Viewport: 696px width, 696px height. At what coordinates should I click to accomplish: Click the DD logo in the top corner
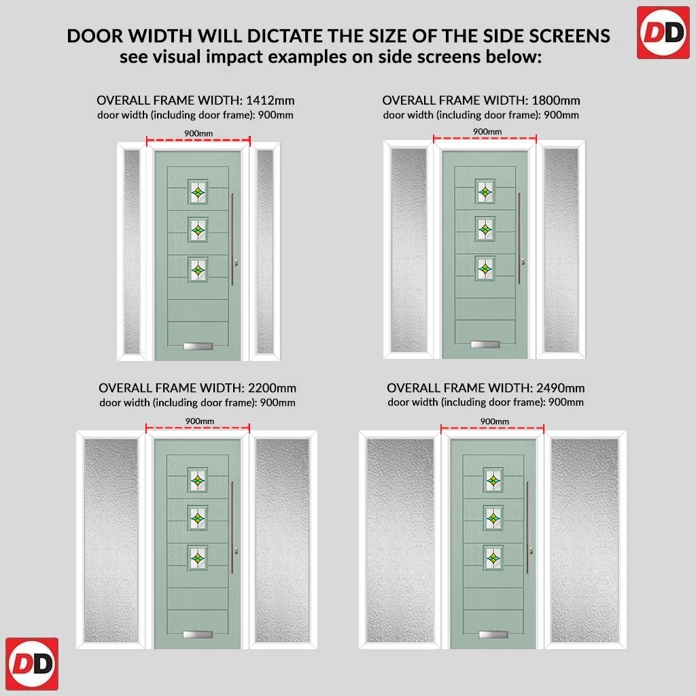click(663, 33)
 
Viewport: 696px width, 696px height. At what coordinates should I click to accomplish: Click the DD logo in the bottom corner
click(32, 663)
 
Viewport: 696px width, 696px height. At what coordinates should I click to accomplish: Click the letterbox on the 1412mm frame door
click(198, 346)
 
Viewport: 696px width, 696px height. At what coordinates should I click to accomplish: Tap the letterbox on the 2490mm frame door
click(493, 635)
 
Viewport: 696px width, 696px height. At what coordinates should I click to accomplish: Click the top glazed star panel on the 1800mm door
click(485, 192)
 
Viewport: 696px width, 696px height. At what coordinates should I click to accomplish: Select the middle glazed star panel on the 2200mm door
click(198, 518)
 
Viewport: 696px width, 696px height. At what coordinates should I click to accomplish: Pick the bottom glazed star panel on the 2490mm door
click(493, 558)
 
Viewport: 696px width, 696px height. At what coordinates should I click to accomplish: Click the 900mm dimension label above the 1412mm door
click(198, 134)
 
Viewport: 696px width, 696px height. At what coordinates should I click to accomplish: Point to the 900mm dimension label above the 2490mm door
click(495, 421)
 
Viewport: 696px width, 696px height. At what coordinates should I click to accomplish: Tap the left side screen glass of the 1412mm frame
click(132, 251)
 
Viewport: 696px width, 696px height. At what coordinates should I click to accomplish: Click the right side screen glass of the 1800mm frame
click(561, 250)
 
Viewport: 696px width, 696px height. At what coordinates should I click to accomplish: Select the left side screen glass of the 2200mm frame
click(111, 540)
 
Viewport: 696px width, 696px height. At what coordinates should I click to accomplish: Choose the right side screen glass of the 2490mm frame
click(584, 540)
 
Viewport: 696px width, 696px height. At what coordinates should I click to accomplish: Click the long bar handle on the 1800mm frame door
click(519, 238)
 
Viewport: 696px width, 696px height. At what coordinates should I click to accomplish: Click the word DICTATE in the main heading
click(285, 36)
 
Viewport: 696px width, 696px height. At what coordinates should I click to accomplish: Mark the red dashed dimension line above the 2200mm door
click(198, 428)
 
